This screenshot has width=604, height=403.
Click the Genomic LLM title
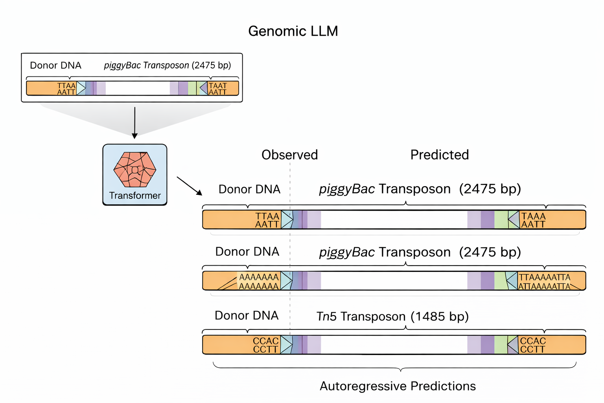click(293, 31)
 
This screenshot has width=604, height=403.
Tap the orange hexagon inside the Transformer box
click(135, 169)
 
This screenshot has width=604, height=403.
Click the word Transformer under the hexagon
click(135, 196)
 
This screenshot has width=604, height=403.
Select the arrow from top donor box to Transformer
click(134, 122)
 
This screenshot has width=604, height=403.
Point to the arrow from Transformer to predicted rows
click(189, 186)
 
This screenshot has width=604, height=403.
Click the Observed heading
click(289, 155)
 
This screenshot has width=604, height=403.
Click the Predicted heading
click(439, 155)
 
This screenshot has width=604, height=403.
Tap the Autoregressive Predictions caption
click(398, 386)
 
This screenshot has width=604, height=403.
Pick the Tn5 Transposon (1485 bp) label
click(392, 316)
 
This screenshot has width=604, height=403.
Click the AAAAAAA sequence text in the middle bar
click(259, 281)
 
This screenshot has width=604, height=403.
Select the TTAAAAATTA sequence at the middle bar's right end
click(544, 281)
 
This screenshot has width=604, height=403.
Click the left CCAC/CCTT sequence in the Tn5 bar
click(266, 345)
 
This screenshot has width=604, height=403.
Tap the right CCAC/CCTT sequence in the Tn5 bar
click(533, 345)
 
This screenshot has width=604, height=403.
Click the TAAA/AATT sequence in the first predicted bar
click(533, 220)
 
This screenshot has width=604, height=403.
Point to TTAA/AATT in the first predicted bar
click(267, 220)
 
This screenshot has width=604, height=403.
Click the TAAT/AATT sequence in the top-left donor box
click(217, 89)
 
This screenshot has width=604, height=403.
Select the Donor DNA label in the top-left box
click(55, 65)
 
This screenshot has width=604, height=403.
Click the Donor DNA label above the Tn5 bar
click(247, 316)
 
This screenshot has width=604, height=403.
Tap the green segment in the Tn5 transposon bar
click(501, 345)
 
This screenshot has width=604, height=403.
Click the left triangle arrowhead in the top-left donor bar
click(81, 88)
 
